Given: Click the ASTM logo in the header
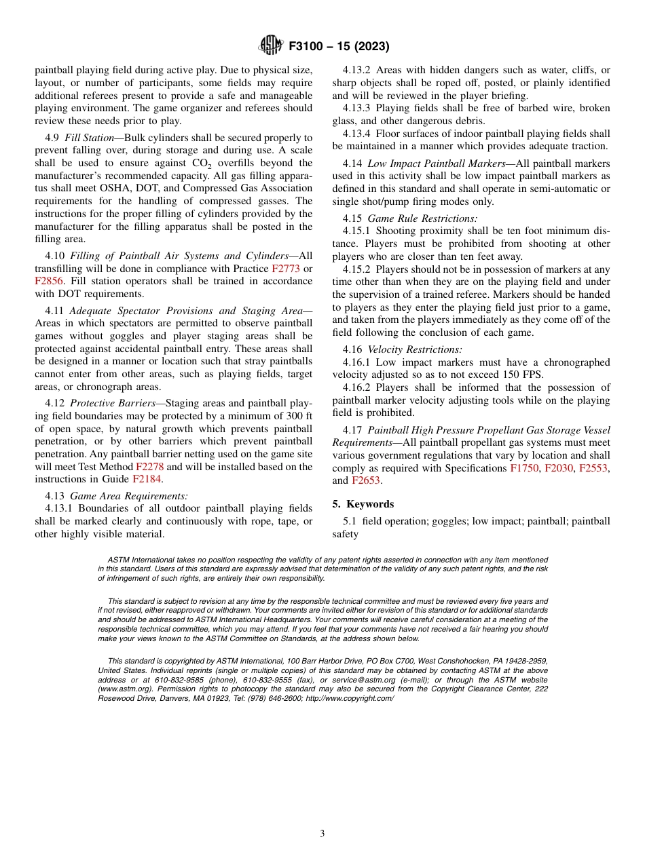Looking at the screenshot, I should tap(271, 46).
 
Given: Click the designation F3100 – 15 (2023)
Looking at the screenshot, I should tap(339, 47).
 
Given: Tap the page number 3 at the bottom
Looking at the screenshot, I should tap(322, 833).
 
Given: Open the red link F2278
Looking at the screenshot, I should tap(149, 466).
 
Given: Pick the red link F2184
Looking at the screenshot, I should tap(147, 479).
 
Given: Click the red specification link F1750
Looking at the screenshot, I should tap(523, 468).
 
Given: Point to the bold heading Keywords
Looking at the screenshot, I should tap(370, 504).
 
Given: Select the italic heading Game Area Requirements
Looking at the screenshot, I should tap(129, 496).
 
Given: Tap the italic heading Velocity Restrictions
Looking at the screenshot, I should tap(415, 349).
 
